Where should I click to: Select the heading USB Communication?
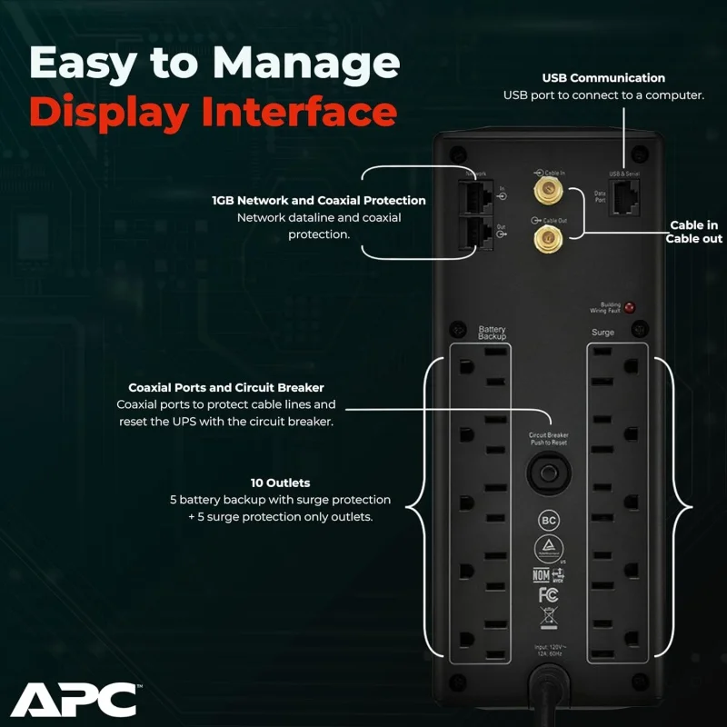603,78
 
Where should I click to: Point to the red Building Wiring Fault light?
630,309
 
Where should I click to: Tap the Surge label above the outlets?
603,333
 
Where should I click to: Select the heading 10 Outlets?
280,483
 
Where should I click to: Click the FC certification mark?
548,594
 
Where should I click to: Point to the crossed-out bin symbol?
548,622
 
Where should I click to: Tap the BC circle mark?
548,521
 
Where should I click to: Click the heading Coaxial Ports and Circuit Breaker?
226,387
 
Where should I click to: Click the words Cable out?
693,239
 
